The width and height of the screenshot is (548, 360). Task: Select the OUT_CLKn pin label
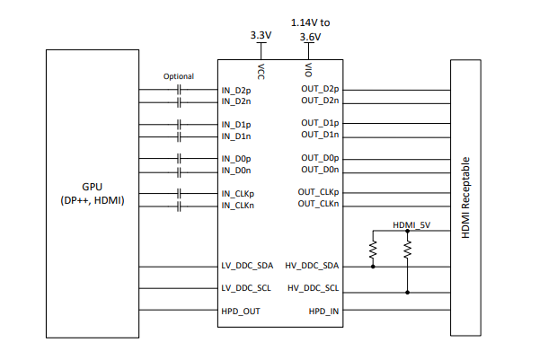pos(318,205)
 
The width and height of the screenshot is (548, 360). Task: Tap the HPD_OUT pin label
pos(241,312)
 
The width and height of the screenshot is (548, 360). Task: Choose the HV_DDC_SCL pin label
pos(313,288)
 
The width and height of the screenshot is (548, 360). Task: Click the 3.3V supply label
pos(261,35)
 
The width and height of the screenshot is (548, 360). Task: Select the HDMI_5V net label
pos(412,224)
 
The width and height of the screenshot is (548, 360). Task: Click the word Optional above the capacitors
pos(179,76)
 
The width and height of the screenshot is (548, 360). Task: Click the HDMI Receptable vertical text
pos(465,198)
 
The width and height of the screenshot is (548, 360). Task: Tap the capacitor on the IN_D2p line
pos(180,90)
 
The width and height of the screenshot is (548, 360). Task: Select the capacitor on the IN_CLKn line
pos(180,205)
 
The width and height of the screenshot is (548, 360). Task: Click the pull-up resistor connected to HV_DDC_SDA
pos(373,250)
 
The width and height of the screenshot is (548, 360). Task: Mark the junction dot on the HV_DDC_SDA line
pos(373,267)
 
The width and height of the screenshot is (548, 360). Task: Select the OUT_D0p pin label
pos(320,158)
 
